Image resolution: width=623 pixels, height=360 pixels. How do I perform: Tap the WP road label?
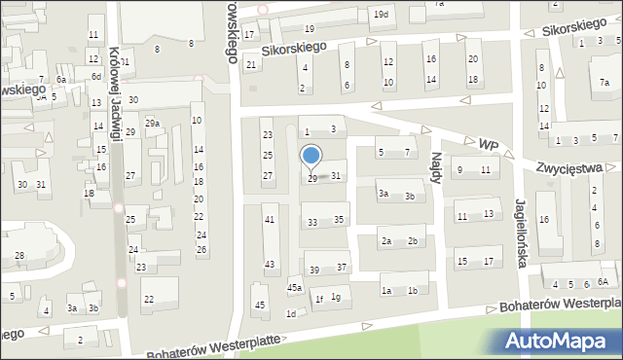point(488,144)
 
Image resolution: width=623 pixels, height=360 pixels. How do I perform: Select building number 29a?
point(152,124)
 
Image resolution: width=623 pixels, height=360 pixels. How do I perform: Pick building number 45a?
point(294,288)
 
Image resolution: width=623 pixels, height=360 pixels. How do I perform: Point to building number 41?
point(270,220)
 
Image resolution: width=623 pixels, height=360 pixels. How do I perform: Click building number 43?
point(270,265)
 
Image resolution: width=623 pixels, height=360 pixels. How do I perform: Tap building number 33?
point(312,223)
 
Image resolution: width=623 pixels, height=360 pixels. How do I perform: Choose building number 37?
point(342,268)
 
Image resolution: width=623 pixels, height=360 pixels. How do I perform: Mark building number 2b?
point(413,241)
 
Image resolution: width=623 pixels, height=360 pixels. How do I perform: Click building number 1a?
point(386,291)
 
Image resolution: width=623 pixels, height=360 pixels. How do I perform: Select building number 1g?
point(336,297)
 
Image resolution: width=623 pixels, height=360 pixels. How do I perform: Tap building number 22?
point(148,299)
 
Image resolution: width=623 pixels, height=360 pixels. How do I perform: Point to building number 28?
point(19,256)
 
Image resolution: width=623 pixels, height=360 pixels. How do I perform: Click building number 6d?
point(96,76)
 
